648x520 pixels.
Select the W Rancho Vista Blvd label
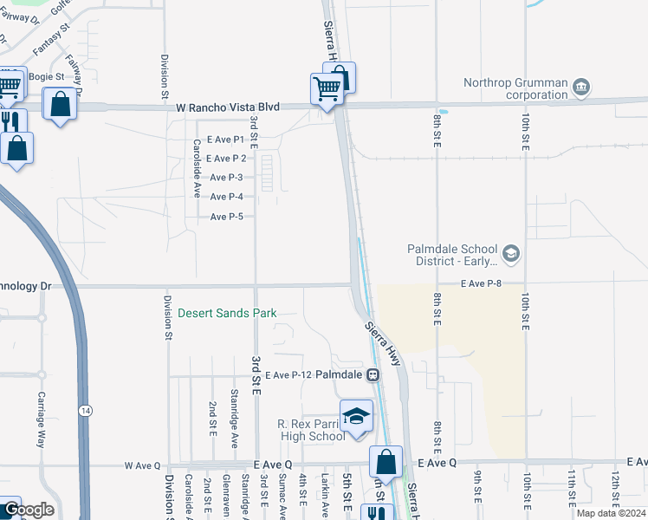(228, 107)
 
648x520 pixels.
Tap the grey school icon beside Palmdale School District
(511, 253)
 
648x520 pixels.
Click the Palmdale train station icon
(373, 375)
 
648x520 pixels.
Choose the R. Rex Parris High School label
(311, 430)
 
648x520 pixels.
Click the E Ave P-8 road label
(481, 283)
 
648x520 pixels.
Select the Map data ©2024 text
(612, 513)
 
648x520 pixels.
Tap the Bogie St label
(47, 76)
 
